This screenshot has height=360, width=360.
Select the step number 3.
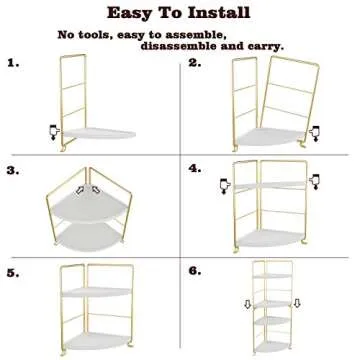13,171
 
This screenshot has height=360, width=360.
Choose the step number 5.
13,272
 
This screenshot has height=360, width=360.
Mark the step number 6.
194,272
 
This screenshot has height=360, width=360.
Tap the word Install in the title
219,13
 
